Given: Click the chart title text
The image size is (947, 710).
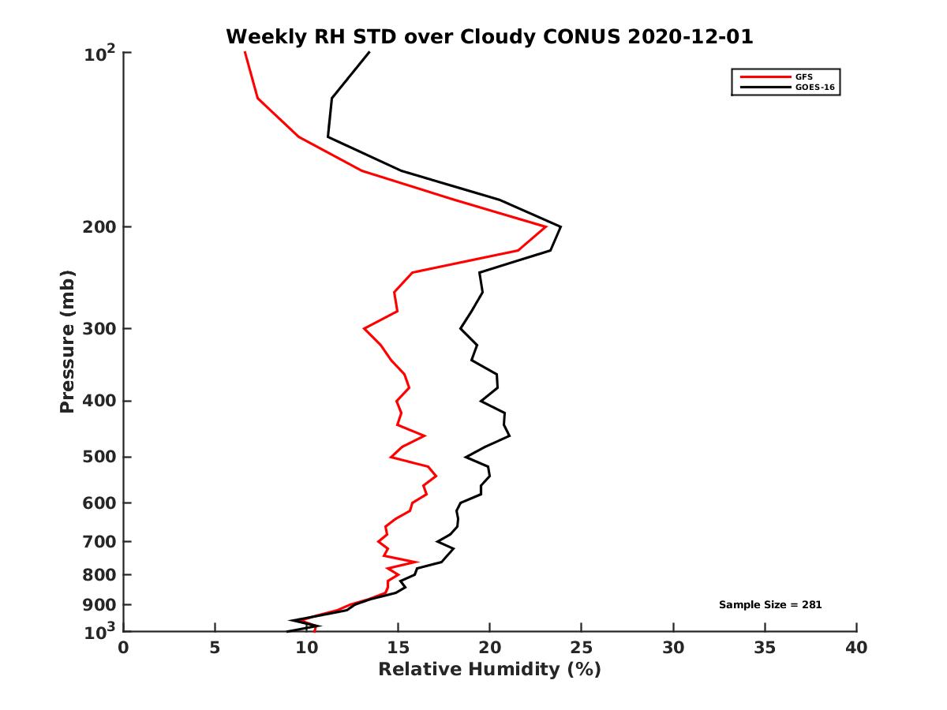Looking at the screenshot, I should pos(489,36).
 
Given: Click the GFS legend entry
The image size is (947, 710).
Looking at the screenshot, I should pos(805,77).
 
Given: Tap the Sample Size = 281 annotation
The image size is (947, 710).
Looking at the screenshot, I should pos(770,605).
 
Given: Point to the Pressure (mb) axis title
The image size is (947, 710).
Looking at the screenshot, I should pos(67,342).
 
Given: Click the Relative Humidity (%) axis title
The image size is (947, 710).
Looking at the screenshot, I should pos(489,670).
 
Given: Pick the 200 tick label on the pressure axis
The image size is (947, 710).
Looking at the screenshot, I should pos(100,227).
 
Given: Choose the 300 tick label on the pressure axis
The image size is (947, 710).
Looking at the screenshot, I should pos(100,328).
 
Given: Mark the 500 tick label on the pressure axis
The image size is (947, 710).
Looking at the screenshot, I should pos(100,457).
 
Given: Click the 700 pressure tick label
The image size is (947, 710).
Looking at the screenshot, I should pos(100,541).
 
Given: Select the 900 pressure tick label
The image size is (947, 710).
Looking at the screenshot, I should pos(100,605).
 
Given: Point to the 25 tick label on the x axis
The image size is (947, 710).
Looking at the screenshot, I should pos(582,648).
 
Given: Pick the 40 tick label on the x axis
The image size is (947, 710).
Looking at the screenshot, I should pos(856,648).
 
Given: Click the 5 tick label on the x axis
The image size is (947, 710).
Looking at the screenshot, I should pos(215,648).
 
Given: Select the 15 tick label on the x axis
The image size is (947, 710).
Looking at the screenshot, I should pos(398,648).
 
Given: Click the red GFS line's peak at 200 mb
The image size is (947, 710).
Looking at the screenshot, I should pos(545,226).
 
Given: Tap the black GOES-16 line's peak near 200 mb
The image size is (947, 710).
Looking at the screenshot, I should pos(560,227).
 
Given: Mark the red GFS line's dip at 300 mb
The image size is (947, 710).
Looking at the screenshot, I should pos(364,328).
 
